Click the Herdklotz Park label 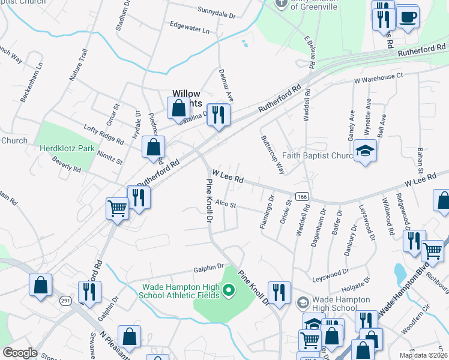pyautogui.click(x=67, y=148)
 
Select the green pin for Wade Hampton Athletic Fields pyautogui.click(x=228, y=292)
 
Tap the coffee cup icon pyautogui.click(x=408, y=17)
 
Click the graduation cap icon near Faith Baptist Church pyautogui.click(x=365, y=151)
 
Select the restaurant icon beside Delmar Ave pyautogui.click(x=218, y=115)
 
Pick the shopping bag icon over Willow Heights pyautogui.click(x=178, y=109)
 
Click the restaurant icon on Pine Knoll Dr pyautogui.click(x=279, y=292)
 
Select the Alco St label pyautogui.click(x=226, y=205)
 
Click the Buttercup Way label pyautogui.click(x=272, y=154)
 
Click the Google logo pyautogui.click(x=20, y=353)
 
